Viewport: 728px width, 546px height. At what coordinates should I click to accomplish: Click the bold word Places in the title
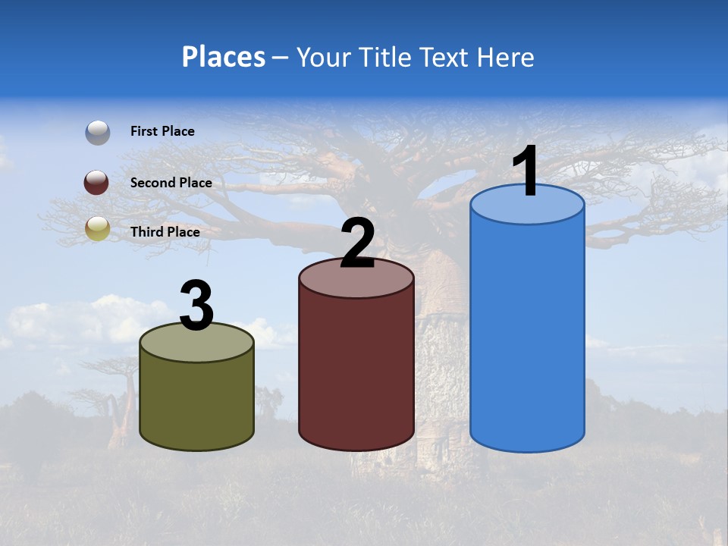[224, 57]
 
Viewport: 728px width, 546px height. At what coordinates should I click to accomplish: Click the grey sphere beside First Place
[98, 132]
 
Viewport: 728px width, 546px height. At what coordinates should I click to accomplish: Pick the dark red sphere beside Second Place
[98, 183]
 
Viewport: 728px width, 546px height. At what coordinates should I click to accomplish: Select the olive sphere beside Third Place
[98, 228]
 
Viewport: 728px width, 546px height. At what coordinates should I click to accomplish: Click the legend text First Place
[162, 131]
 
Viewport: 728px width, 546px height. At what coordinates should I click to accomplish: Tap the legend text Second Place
[171, 183]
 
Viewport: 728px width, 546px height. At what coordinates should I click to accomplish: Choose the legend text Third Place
[165, 232]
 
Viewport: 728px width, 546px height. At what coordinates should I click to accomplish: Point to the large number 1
[526, 172]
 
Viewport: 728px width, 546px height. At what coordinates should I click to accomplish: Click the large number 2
[358, 243]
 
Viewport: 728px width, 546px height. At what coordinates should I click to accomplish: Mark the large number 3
[197, 306]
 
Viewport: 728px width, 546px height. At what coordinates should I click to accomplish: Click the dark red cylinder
[356, 372]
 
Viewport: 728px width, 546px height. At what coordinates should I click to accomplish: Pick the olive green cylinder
[197, 402]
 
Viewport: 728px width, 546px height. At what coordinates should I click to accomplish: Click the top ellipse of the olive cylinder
[197, 343]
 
